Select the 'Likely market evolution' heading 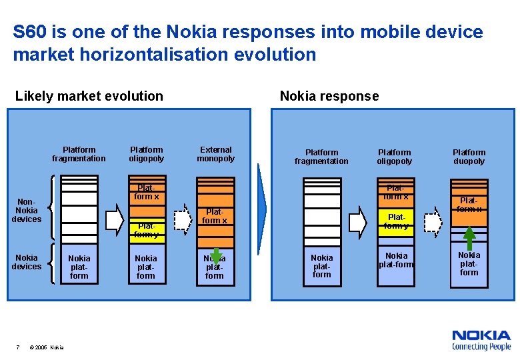(89, 96)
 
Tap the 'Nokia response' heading (329, 96)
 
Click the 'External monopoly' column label (215, 154)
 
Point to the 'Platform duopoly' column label (469, 157)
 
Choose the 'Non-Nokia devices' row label (27, 210)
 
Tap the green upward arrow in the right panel (469, 236)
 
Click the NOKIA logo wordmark (481, 335)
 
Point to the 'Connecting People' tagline (481, 347)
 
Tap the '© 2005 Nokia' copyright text (47, 347)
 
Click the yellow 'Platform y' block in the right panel (396, 221)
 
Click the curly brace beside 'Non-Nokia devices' (52, 210)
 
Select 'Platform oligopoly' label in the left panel (146, 154)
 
